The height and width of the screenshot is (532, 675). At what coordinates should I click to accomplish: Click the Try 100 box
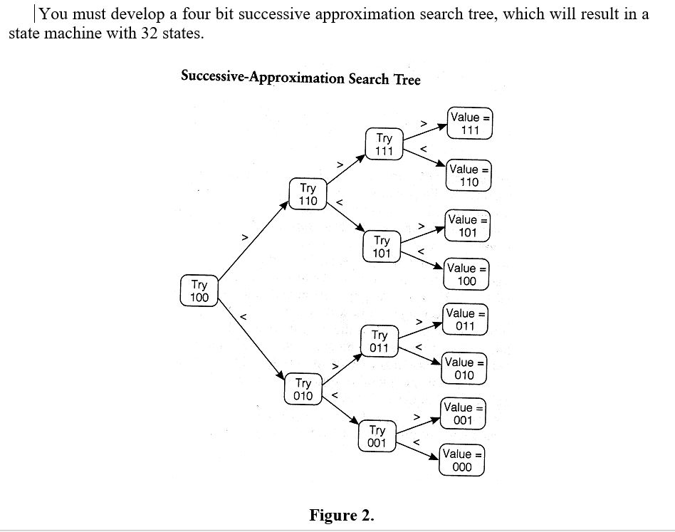pos(199,291)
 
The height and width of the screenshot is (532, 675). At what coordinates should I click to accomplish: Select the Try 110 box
pos(308,194)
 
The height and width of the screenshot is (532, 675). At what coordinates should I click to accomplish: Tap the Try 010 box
pos(303,389)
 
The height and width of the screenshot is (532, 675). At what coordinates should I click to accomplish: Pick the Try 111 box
pos(384,145)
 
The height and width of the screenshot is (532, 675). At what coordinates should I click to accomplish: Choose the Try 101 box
pos(382,246)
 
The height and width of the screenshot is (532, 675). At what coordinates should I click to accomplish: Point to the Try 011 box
pos(380,340)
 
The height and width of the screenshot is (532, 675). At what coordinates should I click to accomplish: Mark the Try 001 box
pos(377,436)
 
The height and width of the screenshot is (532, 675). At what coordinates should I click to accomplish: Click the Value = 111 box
pos(470,123)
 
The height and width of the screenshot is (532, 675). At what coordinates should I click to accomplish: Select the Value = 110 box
pos(469,175)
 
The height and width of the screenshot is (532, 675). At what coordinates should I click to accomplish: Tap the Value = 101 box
pos(467,226)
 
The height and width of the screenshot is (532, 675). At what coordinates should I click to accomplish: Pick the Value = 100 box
pos(466,274)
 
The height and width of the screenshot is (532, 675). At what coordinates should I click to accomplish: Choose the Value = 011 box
pos(465,320)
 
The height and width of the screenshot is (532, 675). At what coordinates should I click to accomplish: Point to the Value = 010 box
pos(464,368)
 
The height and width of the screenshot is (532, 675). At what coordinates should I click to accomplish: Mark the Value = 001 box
pos(463,414)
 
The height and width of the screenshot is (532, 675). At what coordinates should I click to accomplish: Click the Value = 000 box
pos(461,460)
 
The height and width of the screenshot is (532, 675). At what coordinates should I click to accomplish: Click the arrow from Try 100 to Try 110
pos(253,240)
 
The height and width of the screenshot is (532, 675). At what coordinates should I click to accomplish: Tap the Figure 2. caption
pos(341,515)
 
